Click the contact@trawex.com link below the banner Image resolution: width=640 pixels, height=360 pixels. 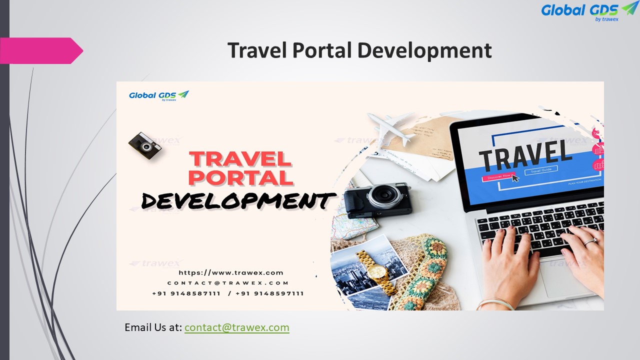(236, 327)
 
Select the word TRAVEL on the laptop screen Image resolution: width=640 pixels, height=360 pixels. (524, 152)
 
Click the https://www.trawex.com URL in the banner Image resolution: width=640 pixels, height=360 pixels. (231, 273)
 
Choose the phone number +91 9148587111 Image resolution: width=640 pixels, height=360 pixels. (186, 293)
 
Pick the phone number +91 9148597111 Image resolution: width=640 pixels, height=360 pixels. (269, 293)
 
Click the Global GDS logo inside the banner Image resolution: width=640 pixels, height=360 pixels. (158, 95)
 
